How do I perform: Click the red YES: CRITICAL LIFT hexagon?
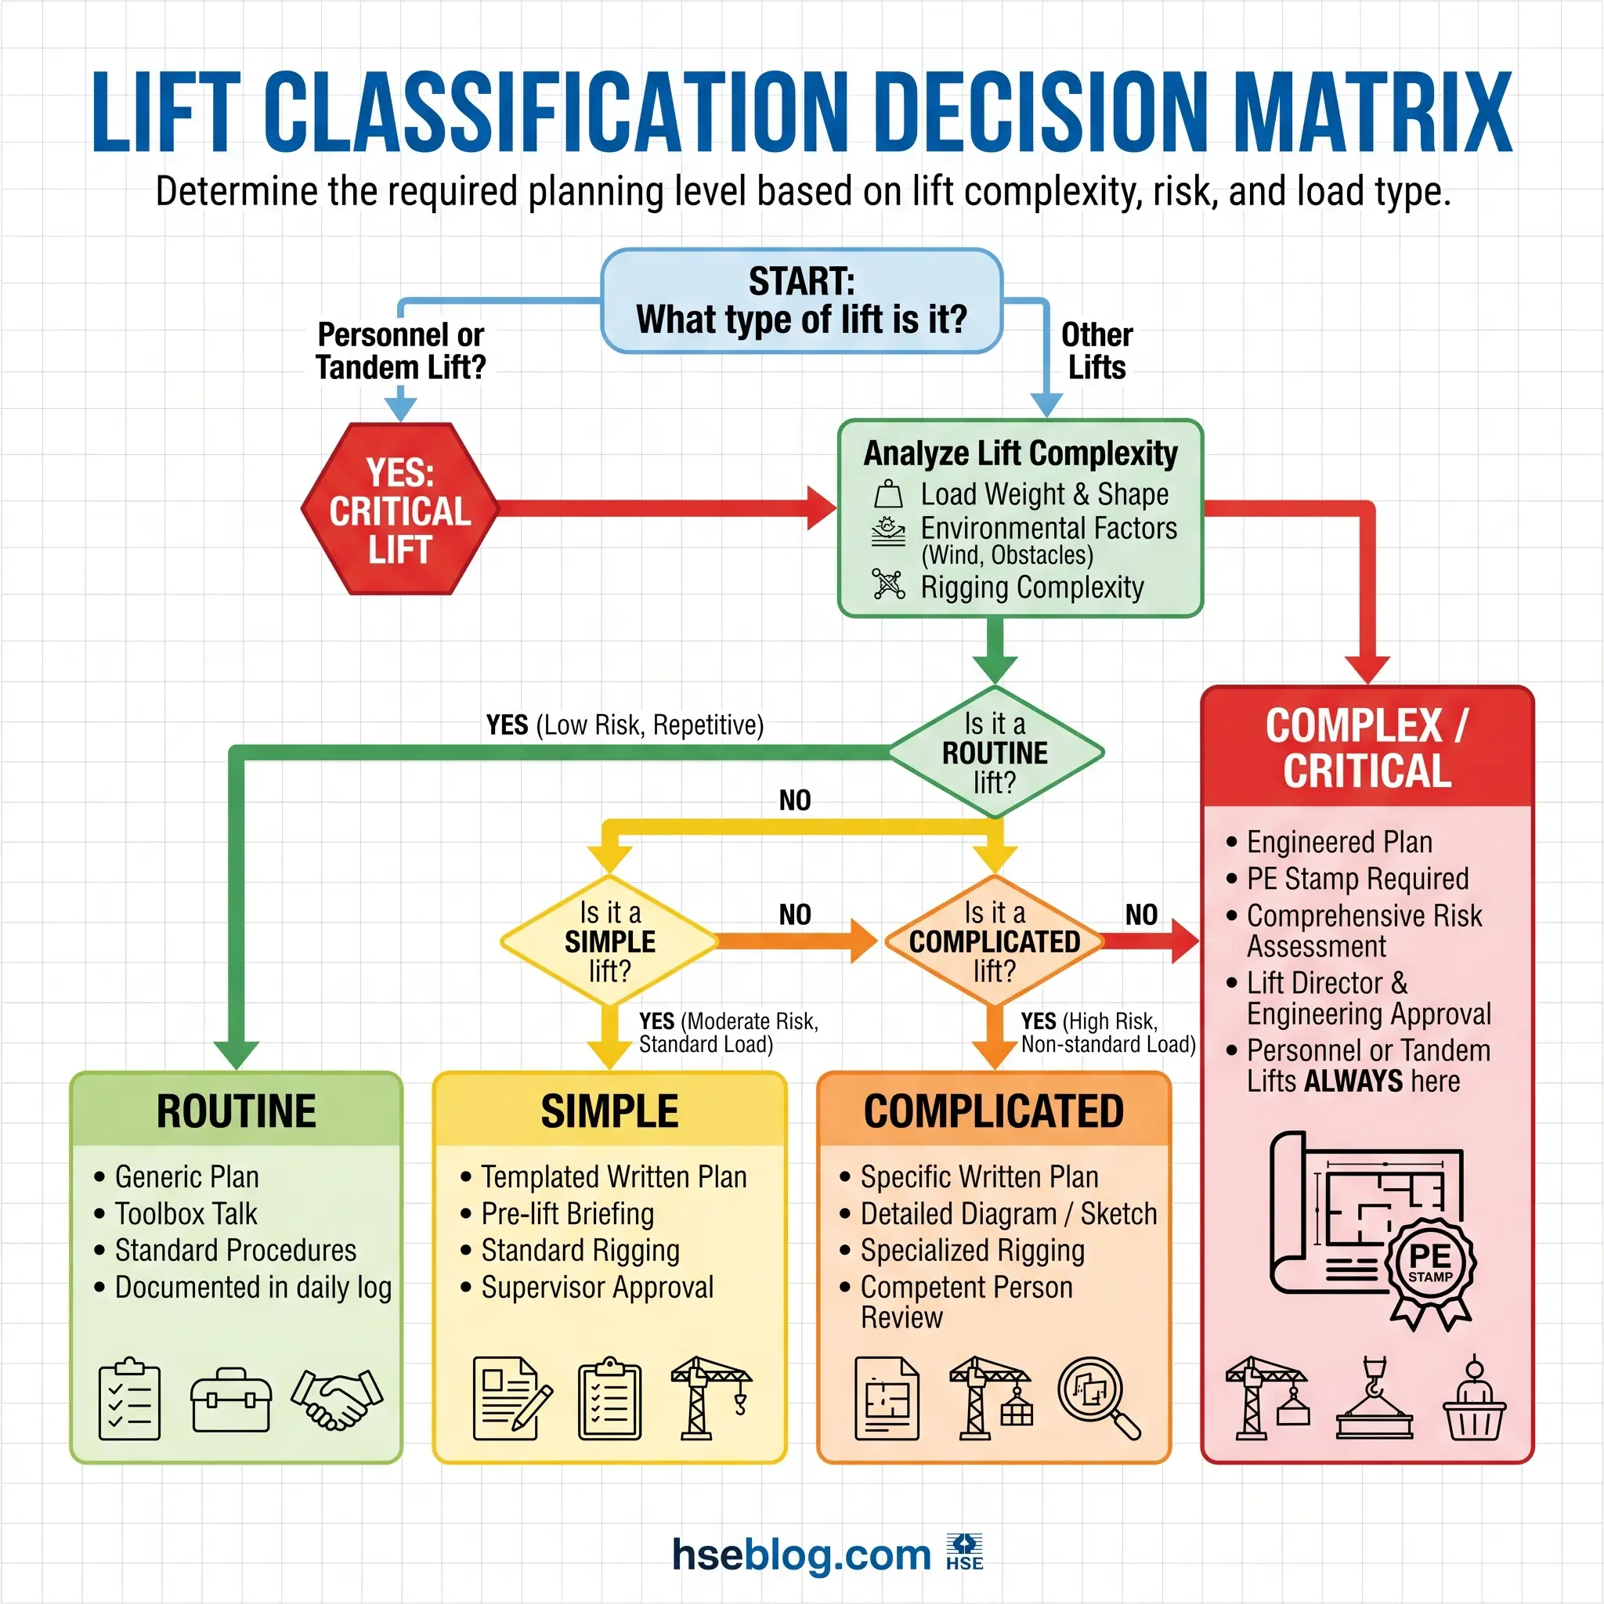click(400, 509)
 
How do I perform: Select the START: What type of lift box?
click(801, 301)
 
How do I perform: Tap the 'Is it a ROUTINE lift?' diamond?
click(995, 752)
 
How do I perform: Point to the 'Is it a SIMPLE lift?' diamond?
click(610, 941)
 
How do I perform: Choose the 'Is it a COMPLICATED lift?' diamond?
click(994, 941)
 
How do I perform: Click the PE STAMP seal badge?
click(1429, 1263)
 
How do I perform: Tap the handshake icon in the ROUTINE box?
click(337, 1399)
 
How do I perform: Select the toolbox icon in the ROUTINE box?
click(231, 1400)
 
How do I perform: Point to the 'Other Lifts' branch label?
click(1096, 350)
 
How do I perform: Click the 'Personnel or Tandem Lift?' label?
click(401, 350)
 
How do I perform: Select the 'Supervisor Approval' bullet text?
click(597, 1287)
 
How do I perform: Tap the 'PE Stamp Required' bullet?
click(1357, 879)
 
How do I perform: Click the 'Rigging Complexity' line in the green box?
click(1031, 587)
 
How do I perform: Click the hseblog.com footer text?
click(801, 1554)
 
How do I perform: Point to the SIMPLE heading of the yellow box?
click(609, 1111)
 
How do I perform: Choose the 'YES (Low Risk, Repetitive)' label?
click(624, 724)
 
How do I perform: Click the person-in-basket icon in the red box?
click(1474, 1400)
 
